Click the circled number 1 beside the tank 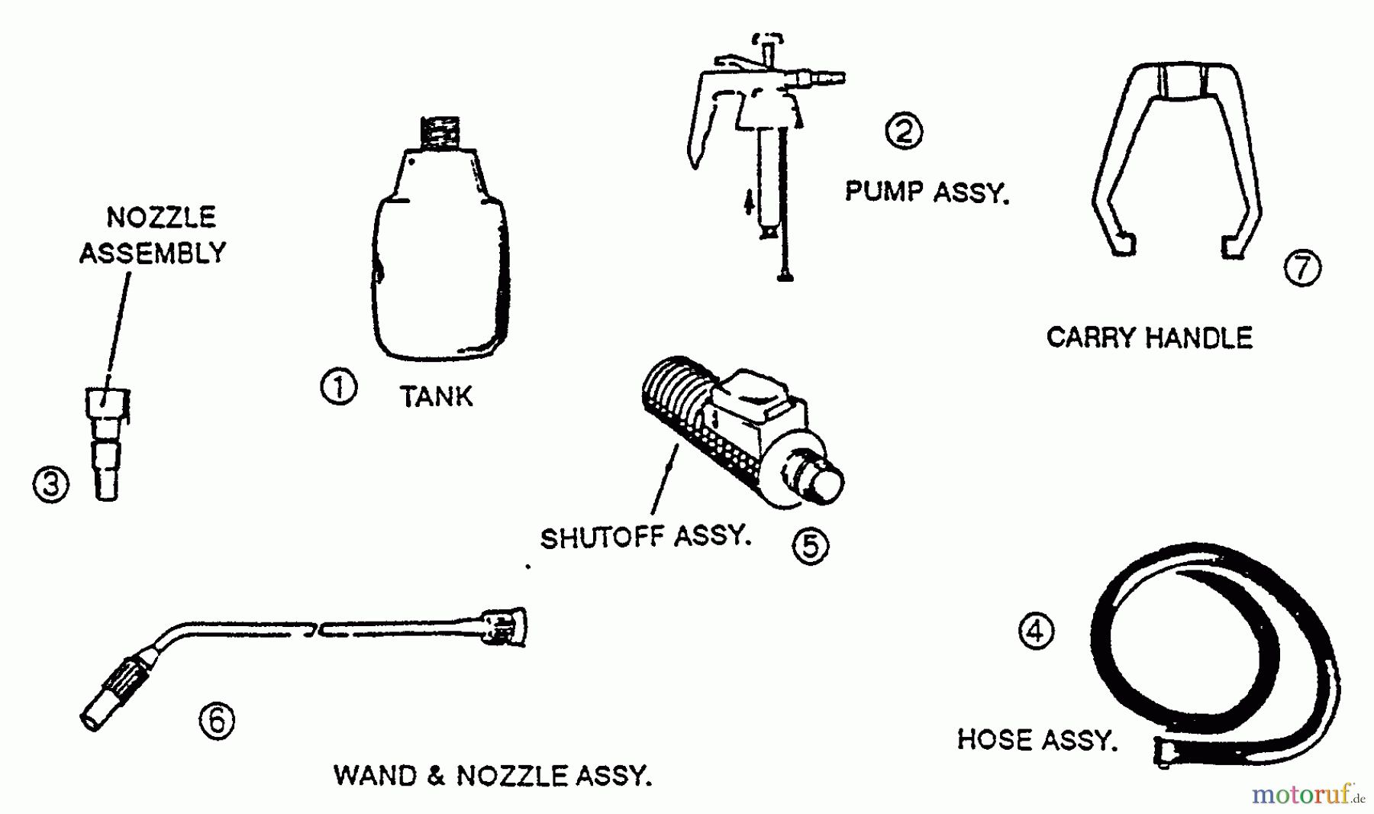click(x=338, y=387)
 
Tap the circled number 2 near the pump click(x=903, y=131)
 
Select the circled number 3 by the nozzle click(x=51, y=485)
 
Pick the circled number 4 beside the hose click(x=1037, y=631)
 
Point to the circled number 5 click(x=810, y=545)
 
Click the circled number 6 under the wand click(x=217, y=720)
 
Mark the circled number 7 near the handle click(x=1302, y=268)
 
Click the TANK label click(x=437, y=397)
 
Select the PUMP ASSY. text click(x=927, y=192)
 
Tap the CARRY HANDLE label click(x=1149, y=338)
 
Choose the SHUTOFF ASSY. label click(x=646, y=537)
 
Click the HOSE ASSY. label click(x=1037, y=740)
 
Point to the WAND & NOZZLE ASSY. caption click(x=492, y=776)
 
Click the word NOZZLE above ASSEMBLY click(x=161, y=218)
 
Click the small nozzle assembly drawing click(x=107, y=443)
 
